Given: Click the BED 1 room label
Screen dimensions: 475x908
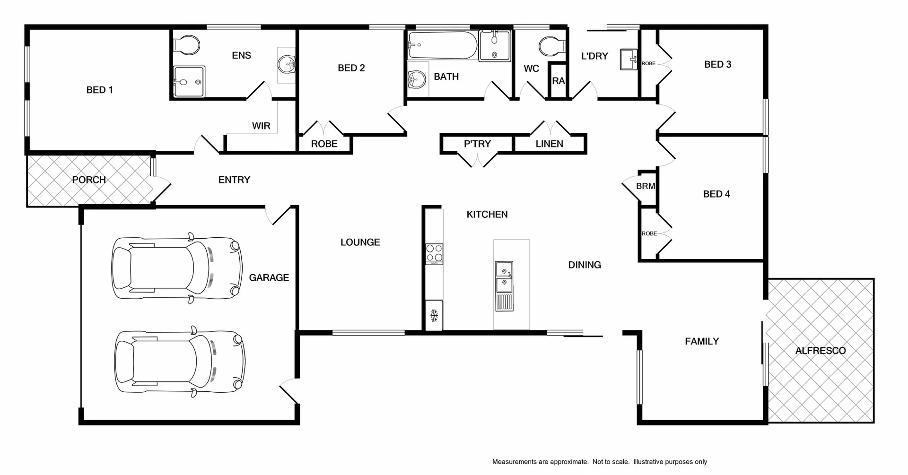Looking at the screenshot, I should point(99,90).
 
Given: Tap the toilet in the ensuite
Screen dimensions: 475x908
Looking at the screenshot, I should point(188,45).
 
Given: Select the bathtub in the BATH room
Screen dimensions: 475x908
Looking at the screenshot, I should point(443,45).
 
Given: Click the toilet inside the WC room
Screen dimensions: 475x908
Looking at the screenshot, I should point(551,46).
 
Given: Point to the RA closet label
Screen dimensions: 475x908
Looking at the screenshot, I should point(558,81).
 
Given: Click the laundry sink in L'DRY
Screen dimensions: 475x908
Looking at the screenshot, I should point(629,60).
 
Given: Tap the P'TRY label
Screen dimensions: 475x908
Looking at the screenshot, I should point(477,144).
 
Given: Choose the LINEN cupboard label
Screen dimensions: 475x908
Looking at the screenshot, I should point(549,144).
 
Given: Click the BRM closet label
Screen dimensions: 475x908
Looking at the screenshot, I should point(645,186).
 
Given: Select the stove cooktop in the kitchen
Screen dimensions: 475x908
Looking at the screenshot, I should point(434,253).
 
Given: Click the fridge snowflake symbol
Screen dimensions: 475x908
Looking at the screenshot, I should point(434,315).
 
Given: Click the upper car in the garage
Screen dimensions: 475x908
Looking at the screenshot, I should point(177,268).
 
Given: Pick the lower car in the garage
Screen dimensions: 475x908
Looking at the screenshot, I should point(180,361).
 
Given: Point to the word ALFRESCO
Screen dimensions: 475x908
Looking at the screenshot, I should point(820,351).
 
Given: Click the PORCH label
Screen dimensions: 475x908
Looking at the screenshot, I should point(89,180).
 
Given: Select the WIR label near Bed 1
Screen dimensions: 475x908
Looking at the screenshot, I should point(261,126).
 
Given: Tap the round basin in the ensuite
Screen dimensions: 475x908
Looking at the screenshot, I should point(286,65).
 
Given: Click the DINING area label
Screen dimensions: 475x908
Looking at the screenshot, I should point(585,265).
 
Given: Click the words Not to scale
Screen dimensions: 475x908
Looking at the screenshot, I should point(611,462).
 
